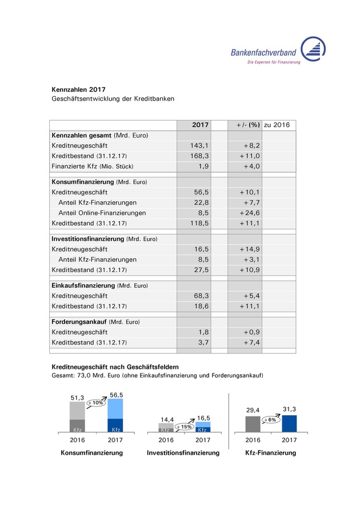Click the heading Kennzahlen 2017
tap(78, 89)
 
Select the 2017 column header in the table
tap(200, 125)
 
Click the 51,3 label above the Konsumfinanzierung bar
tap(78, 397)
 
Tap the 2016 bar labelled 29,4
tap(253, 424)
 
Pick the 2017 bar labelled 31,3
tap(289, 423)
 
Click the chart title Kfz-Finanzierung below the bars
tap(270, 453)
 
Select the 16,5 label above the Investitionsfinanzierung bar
tap(203, 417)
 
